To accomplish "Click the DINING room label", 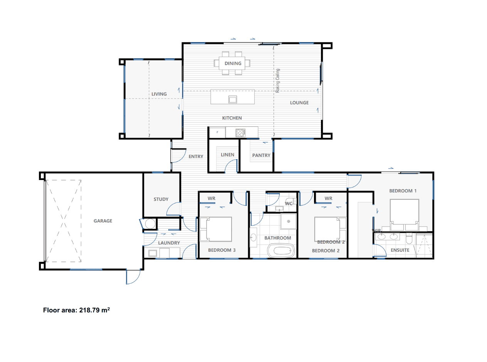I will pos(233,63).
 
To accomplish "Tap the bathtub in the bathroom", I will pos(281,251).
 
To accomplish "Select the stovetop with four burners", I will pos(240,133).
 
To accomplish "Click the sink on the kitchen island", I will pos(233,99).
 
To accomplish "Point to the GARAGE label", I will pos(103,221).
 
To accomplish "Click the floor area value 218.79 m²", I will pos(95,310).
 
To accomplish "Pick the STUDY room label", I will pos(161,199).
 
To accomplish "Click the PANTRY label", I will pos(261,155).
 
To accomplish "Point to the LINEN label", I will pos(227,155).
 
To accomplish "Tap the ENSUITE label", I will pos(400,250).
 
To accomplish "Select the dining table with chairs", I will pos(233,63).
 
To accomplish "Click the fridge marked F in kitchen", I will pos(217,133).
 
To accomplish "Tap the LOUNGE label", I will pos(299,103).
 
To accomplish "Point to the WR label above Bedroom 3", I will pos(212,199).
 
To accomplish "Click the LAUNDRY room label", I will pos(169,243).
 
